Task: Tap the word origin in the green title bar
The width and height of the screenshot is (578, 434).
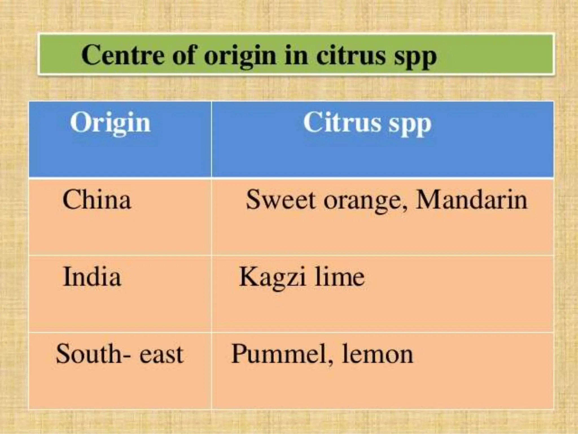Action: click(240, 57)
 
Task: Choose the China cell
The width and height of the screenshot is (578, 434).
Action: click(97, 200)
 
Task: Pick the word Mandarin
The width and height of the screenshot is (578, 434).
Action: click(471, 200)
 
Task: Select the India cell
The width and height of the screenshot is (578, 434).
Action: click(92, 277)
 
